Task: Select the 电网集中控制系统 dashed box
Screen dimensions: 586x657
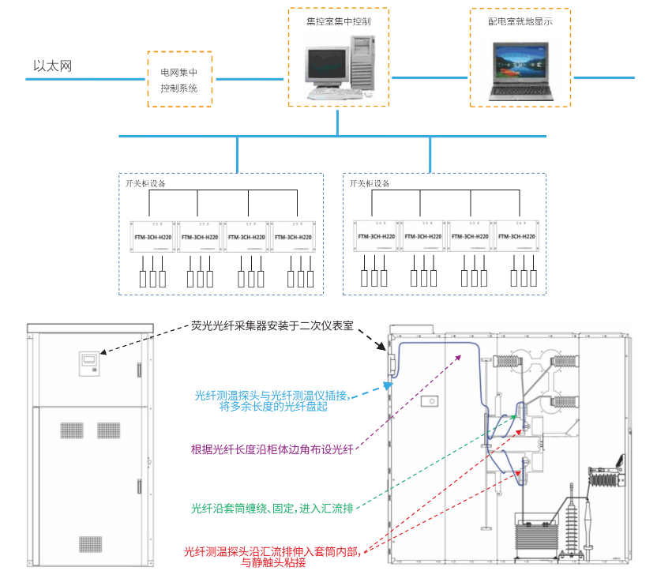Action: point(179,80)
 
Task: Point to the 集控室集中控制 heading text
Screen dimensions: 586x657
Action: point(338,21)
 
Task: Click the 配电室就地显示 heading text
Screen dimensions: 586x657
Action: point(520,21)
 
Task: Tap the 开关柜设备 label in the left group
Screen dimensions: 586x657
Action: point(147,183)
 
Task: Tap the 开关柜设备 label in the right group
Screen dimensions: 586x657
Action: point(370,183)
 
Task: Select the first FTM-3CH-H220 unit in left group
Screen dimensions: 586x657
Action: point(152,236)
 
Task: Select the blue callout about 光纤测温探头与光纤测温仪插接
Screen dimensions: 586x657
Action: point(272,400)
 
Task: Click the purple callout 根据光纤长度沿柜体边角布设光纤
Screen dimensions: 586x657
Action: point(272,449)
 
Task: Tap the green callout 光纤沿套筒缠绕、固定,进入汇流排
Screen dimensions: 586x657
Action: point(272,508)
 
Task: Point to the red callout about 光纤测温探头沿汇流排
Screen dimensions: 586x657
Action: point(272,557)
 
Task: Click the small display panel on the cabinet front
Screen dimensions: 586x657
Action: point(89,363)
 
